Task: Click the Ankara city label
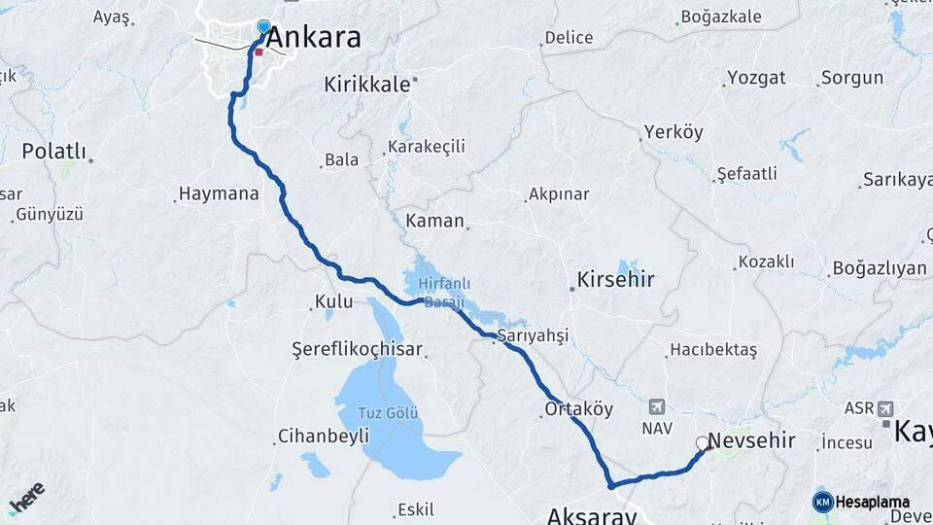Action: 313,38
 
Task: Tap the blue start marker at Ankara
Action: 263,26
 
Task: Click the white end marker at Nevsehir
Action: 702,443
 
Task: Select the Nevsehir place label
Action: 751,441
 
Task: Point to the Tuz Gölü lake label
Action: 389,413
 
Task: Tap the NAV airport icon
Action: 657,406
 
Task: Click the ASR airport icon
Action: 884,408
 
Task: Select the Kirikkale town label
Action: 367,85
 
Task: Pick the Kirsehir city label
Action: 615,280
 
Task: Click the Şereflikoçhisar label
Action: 360,348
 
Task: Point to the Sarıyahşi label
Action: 532,335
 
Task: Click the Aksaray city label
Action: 592,514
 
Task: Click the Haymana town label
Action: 220,193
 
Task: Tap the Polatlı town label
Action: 54,153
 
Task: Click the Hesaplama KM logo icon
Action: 822,502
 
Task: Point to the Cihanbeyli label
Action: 323,436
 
